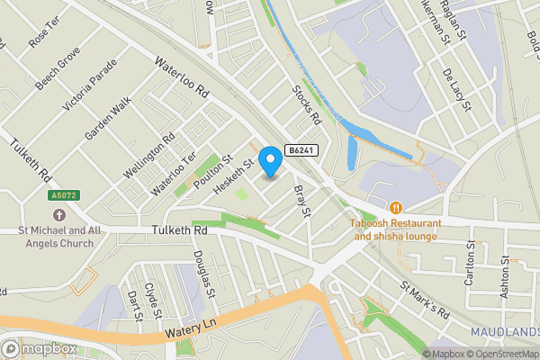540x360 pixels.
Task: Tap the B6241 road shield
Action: click(301, 150)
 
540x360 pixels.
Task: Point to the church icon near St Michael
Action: click(59, 215)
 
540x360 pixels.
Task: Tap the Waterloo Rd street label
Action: click(182, 79)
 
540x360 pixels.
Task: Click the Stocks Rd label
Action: click(307, 105)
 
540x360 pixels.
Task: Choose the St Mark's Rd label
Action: click(425, 300)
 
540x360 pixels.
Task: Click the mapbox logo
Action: click(40, 348)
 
